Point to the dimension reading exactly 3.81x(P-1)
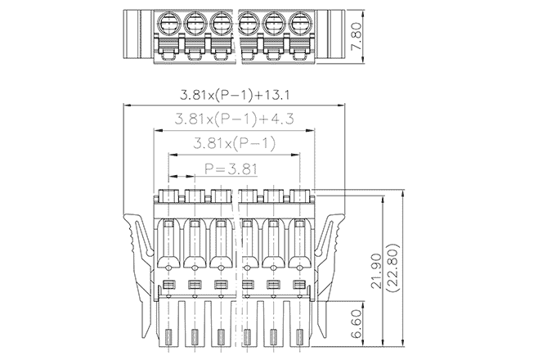pyautogui.click(x=235, y=144)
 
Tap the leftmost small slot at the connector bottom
pyautogui.click(x=168, y=336)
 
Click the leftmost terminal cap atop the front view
pyautogui.click(x=168, y=196)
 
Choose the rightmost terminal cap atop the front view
pyautogui.click(x=300, y=196)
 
